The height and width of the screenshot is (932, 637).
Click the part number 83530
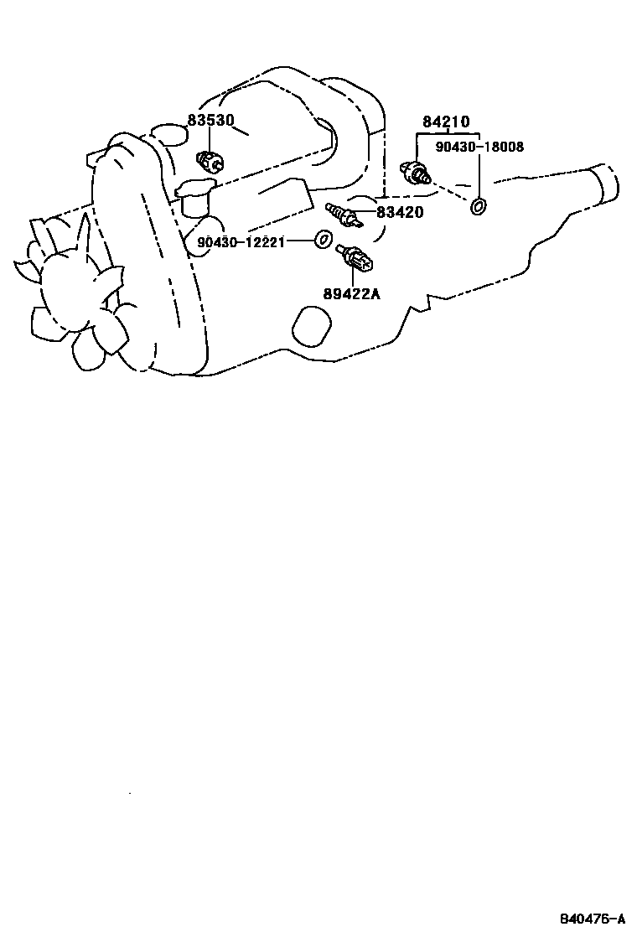210,120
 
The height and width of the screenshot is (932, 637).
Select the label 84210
446,122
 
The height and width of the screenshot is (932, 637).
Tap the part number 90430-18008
479,147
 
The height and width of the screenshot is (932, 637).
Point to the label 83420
400,213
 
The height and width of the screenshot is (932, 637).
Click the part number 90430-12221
241,242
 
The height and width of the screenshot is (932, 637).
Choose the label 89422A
352,293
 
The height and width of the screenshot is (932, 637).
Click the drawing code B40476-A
593,917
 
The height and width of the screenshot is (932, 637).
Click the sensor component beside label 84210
415,173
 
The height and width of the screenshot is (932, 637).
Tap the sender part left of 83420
343,215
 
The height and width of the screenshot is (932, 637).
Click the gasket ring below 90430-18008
479,205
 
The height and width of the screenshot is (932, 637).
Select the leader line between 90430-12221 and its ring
299,242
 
